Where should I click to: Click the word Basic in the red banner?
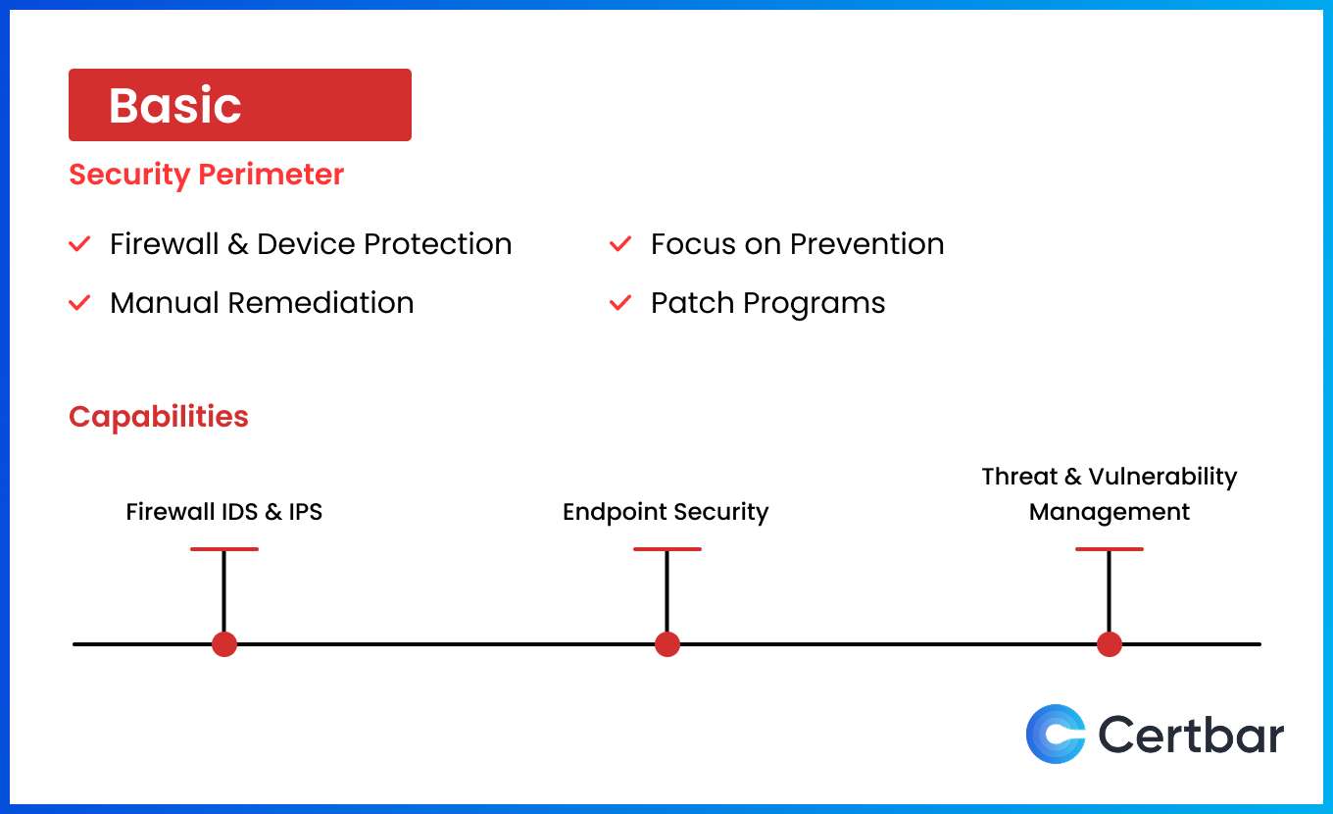point(174,105)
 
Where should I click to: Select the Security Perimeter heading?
point(206,175)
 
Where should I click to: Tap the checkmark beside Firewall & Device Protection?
point(79,244)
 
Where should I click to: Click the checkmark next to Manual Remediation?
point(79,303)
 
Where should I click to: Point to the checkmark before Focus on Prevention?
point(620,244)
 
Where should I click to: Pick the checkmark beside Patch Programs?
point(620,303)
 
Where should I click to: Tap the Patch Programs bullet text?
point(767,303)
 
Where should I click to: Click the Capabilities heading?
point(159,417)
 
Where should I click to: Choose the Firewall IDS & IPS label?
point(224,512)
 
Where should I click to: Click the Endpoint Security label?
point(666,512)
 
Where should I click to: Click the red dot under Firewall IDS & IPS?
point(224,644)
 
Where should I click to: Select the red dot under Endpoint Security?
point(667,644)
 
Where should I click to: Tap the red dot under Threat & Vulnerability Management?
point(1110,644)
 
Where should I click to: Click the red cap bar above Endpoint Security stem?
point(667,549)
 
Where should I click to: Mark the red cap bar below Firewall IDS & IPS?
point(224,549)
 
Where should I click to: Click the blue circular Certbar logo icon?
point(1056,734)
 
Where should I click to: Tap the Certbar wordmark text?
point(1191,735)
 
